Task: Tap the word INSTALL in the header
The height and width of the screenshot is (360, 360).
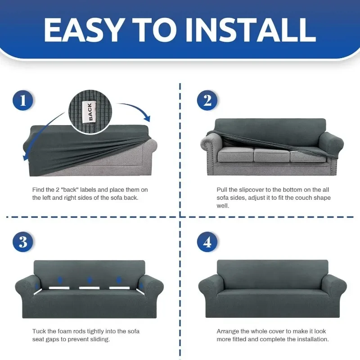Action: point(251,30)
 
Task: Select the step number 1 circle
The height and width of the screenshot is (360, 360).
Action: point(23,100)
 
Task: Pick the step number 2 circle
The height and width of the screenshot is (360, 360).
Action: point(207,100)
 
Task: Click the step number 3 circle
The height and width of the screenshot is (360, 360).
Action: point(23,242)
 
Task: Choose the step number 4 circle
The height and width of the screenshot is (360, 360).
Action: point(207,242)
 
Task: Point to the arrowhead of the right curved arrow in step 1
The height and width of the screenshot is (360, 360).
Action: point(147,118)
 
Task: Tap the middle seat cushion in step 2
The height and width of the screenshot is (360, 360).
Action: point(271,154)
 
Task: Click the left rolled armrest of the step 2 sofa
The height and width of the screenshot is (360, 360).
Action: point(211,147)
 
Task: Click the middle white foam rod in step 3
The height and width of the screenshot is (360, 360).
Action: point(89,288)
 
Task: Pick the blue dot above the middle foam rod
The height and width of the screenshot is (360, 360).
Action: point(90,280)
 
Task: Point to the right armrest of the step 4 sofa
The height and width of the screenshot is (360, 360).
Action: point(334,287)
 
